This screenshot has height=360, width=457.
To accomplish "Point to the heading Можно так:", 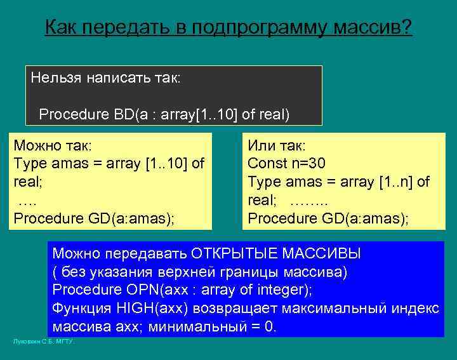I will click(x=53, y=145).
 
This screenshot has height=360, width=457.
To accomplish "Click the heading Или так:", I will click(x=277, y=145).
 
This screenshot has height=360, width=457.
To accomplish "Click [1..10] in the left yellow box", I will click(x=164, y=164).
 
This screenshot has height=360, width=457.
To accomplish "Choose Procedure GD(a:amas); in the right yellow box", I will click(x=328, y=218).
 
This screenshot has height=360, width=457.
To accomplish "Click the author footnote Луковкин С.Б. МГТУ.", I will click(x=44, y=342).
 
